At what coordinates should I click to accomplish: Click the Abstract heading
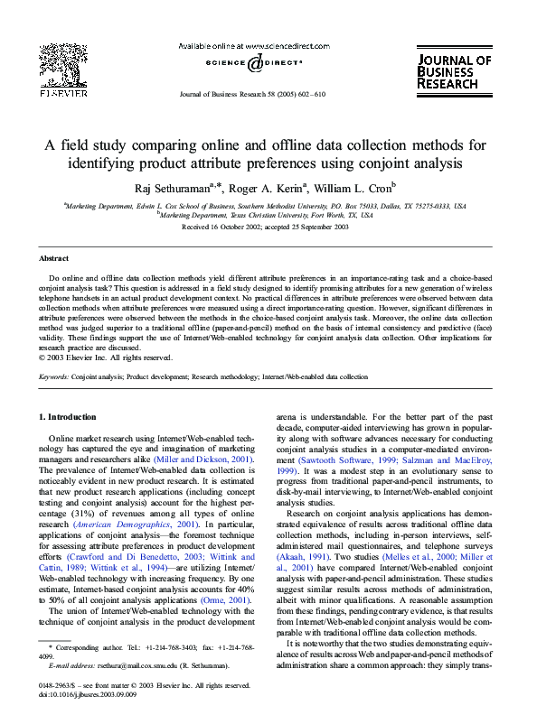pos(53,258)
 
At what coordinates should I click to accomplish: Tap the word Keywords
pos(53,376)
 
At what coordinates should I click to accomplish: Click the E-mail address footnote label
pos(71,665)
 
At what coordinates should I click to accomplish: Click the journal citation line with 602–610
pos(252,94)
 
